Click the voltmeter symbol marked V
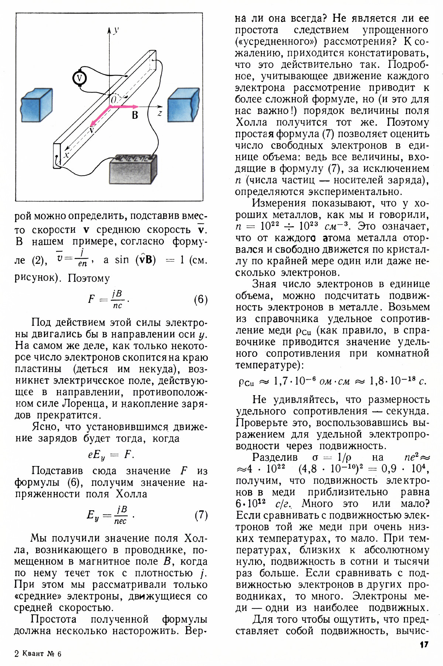coord(79,78)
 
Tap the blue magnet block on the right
coord(183,104)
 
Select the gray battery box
coord(133,169)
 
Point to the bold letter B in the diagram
coord(135,115)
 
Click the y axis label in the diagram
coord(116,30)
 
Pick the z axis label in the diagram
coord(159,113)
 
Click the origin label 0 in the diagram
coord(113,100)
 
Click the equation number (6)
coord(201,299)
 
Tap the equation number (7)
coord(201,515)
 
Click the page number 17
coord(424,644)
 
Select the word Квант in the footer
coord(33,653)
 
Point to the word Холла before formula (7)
coord(131,494)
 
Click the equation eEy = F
coord(111,455)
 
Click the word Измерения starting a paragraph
coord(279,203)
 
